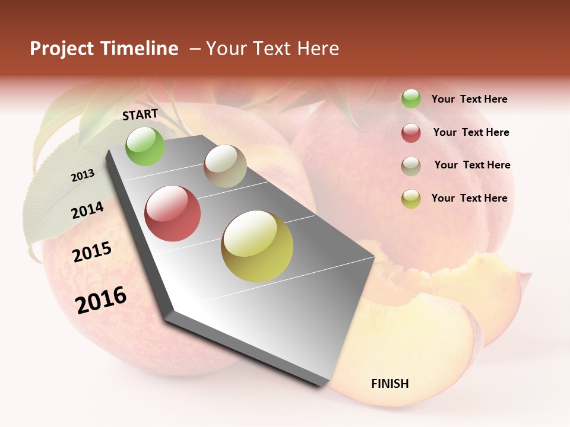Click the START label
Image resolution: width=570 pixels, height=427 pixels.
[140, 114]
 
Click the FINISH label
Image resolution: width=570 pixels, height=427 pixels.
[390, 384]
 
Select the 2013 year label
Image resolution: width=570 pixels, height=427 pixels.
[83, 176]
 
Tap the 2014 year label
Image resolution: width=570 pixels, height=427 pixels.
[87, 211]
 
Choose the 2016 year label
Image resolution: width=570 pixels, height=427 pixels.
[101, 300]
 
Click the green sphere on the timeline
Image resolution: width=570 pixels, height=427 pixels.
[145, 146]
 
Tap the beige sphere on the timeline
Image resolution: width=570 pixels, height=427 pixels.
[225, 166]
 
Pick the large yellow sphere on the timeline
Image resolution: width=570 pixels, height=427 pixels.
[257, 246]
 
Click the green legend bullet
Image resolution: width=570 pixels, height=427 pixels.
[411, 98]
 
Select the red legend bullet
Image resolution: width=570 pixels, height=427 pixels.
[411, 133]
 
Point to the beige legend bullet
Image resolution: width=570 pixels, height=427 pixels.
[411, 166]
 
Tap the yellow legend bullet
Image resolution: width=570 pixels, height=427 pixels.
[411, 199]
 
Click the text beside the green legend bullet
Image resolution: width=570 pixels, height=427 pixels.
[469, 99]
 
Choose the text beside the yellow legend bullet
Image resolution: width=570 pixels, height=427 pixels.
[469, 198]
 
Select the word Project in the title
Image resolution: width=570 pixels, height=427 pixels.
[62, 49]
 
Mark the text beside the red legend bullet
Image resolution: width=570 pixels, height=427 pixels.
[471, 132]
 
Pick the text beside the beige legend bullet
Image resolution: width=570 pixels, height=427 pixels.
[472, 165]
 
